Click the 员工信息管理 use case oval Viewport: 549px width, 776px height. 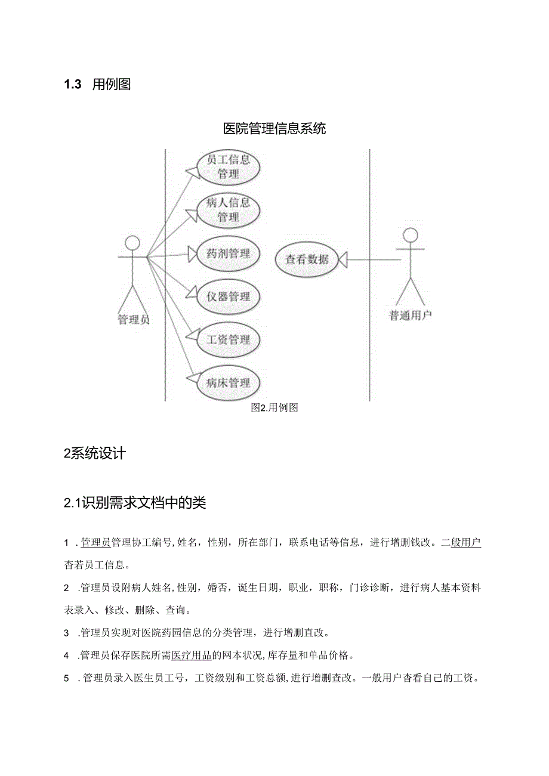pos(228,167)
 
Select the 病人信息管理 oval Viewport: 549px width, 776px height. pos(228,210)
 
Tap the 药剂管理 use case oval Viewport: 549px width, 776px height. pos(228,253)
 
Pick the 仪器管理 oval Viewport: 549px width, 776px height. pos(228,296)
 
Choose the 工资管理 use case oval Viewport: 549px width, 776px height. pos(228,340)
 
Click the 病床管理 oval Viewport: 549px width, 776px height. pos(228,383)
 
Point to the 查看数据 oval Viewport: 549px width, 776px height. pos(307,259)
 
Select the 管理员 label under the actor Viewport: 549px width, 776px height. pos(134,320)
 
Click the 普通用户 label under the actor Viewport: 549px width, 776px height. pos(411,316)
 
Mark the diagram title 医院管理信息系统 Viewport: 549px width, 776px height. pos(274,128)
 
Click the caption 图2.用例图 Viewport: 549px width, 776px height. pos(274,408)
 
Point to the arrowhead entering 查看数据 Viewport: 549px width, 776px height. pos(343,259)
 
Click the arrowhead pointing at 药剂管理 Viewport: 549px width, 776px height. pos(192,255)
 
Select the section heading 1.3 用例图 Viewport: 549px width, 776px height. pos(97,85)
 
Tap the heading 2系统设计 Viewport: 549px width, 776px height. pos(95,453)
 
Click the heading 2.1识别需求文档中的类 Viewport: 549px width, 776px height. pos(135,503)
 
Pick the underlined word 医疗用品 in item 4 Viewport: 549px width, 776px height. pos(192,656)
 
